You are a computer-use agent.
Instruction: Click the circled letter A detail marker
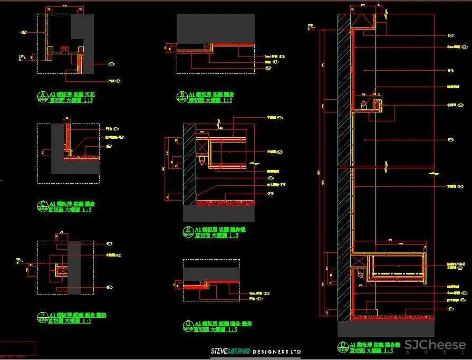click(x=42, y=96)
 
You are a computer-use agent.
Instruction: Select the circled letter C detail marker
click(x=42, y=205)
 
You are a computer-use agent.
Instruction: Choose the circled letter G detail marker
click(x=188, y=326)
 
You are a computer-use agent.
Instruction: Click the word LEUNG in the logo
click(x=240, y=352)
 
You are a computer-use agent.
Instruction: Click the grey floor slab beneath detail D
click(x=386, y=329)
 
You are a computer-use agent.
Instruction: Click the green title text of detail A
click(x=72, y=97)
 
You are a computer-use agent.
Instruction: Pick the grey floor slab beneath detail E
click(x=218, y=213)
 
